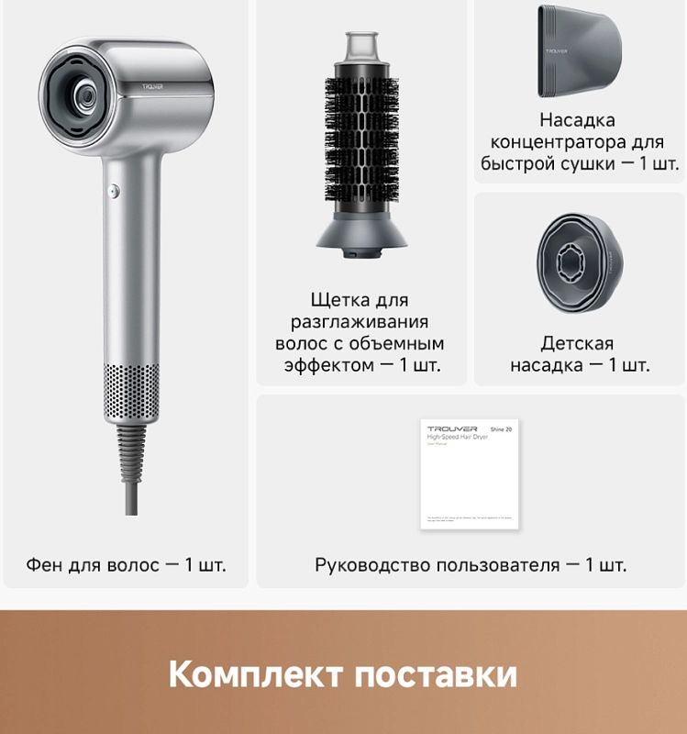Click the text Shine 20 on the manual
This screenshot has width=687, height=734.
point(504,428)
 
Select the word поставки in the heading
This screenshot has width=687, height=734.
point(435,674)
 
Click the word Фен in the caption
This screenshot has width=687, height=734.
point(45,564)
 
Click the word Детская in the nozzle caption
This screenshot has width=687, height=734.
point(577,344)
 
